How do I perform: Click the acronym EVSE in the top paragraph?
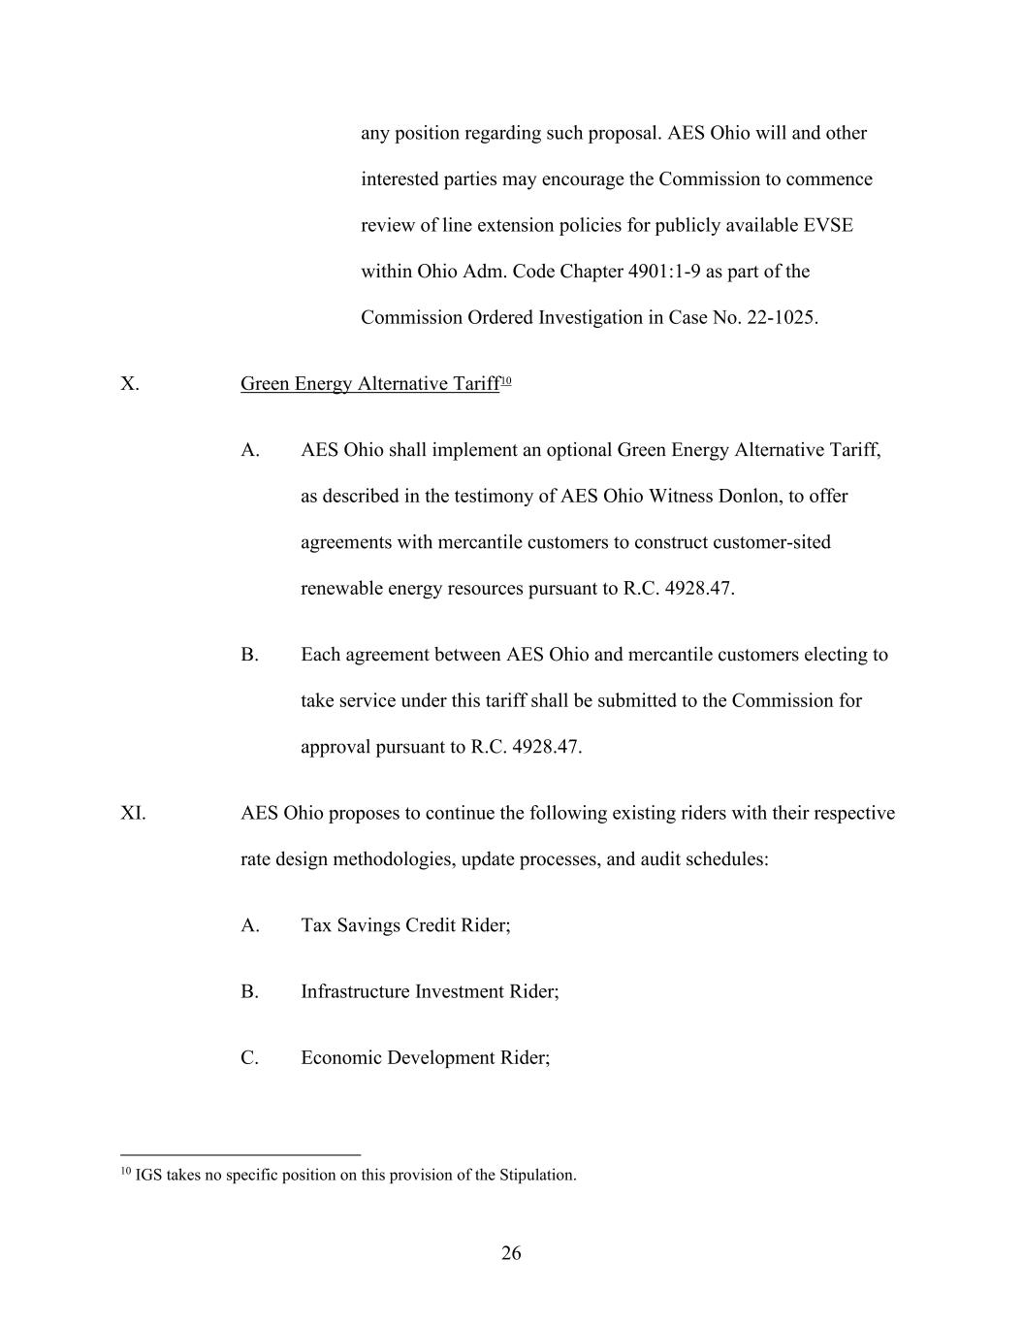pyautogui.click(x=828, y=225)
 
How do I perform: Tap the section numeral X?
pyautogui.click(x=130, y=384)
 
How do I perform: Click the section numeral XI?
pyautogui.click(x=133, y=813)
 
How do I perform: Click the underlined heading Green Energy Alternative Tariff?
pyautogui.click(x=369, y=384)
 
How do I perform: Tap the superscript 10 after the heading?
pyautogui.click(x=506, y=380)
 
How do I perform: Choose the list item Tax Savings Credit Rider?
pyautogui.click(x=405, y=925)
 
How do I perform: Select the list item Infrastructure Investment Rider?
pyautogui.click(x=430, y=991)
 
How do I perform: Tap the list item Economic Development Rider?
pyautogui.click(x=425, y=1057)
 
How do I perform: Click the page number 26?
pyautogui.click(x=511, y=1253)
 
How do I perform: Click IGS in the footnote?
pyautogui.click(x=148, y=1176)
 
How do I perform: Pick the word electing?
pyautogui.click(x=846, y=655)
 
